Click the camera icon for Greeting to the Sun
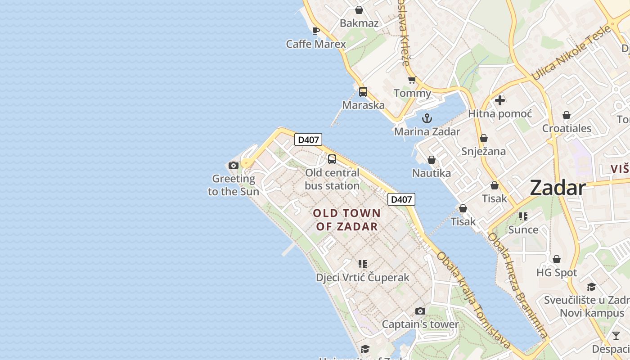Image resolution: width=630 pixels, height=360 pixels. coord(233,165)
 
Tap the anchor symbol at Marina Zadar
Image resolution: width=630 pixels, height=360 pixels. coord(427,118)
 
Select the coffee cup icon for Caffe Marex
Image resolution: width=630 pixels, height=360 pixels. coord(316,31)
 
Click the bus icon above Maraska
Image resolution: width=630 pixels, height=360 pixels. coord(363,92)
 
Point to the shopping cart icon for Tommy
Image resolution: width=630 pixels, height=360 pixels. coord(412,80)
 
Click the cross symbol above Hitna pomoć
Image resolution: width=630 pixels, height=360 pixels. coord(499,100)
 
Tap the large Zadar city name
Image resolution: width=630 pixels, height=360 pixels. coord(558,188)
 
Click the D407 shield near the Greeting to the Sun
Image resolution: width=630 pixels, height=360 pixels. coord(308,139)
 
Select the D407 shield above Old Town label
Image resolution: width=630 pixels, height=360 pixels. coord(401,199)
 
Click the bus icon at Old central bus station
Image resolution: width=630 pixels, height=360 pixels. coord(332,159)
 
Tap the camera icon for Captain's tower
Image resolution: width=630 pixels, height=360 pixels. coord(420,311)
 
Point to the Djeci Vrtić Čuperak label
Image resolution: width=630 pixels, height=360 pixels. coord(363,277)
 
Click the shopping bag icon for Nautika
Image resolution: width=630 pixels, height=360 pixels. coord(432,160)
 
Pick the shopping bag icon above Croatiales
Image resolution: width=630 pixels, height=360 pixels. coord(567,115)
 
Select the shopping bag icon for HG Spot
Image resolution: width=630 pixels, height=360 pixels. coord(557,259)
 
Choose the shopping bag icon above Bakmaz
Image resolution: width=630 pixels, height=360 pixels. coord(359,10)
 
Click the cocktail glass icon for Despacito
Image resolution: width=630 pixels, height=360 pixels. coord(616,335)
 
